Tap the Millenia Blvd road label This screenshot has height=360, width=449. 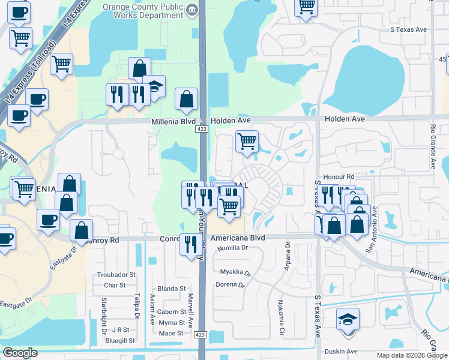[x=171, y=121]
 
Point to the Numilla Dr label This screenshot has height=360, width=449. [x=232, y=247]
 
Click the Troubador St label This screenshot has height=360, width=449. [x=116, y=275]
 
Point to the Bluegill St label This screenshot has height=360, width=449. [x=118, y=340]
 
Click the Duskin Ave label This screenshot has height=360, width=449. [x=340, y=351]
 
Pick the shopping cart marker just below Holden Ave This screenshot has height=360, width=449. [x=247, y=142]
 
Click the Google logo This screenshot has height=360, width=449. [x=20, y=353]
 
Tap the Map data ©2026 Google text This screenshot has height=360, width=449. [x=412, y=355]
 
